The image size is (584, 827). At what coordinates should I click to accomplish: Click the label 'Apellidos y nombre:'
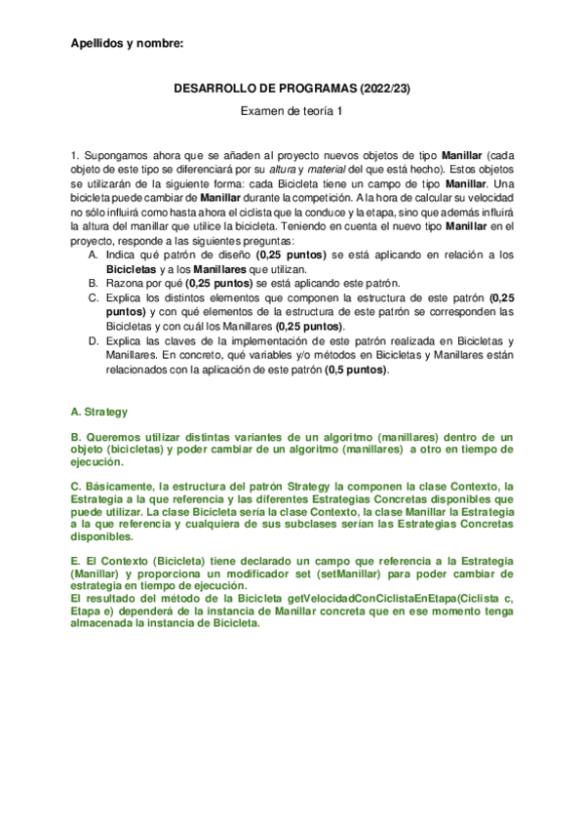[x=127, y=44]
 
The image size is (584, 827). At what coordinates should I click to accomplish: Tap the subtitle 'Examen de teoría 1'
[x=292, y=112]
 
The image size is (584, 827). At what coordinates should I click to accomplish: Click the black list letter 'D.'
[x=93, y=340]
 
